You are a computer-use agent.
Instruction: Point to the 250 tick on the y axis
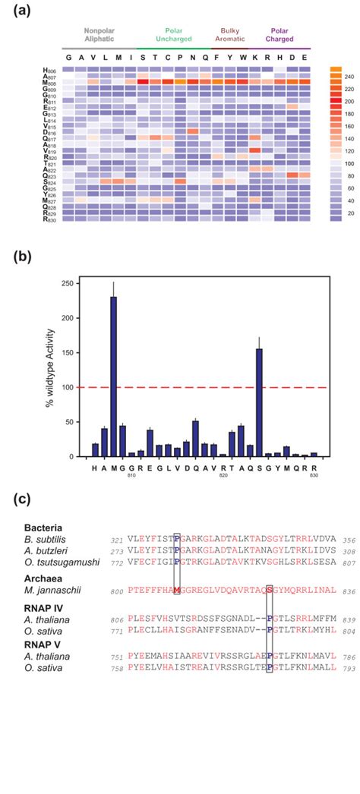point(73,283)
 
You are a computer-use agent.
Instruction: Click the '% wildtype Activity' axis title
point(52,369)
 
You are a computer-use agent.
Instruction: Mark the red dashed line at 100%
point(205,387)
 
